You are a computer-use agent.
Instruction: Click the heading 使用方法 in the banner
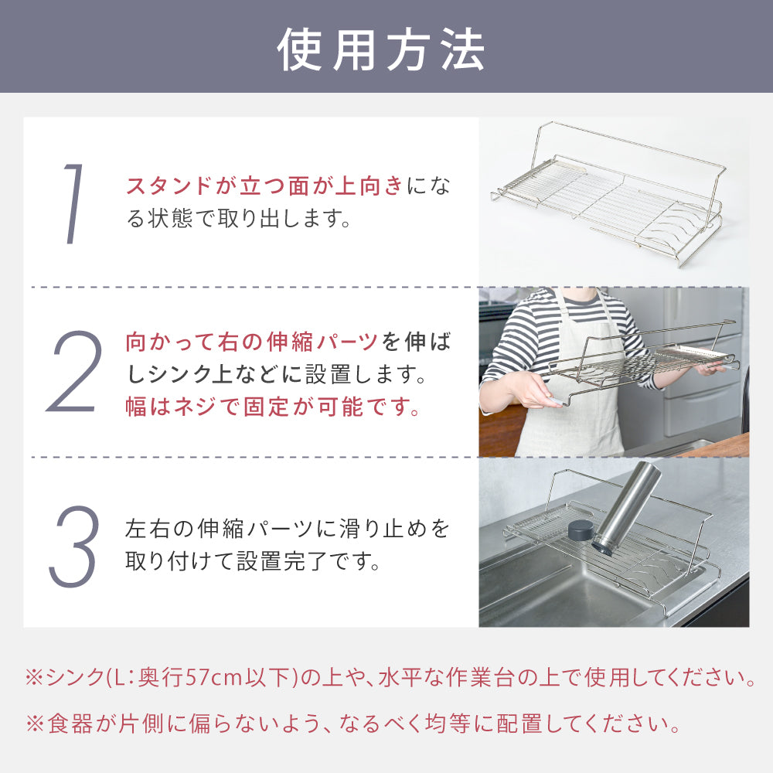pyautogui.click(x=381, y=49)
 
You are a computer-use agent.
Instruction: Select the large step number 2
pyautogui.click(x=74, y=371)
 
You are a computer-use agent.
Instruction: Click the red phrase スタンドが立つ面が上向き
pyautogui.click(x=264, y=186)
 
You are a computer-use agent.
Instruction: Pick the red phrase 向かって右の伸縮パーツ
pyautogui.click(x=251, y=342)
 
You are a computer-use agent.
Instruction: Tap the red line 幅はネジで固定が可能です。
pyautogui.click(x=273, y=407)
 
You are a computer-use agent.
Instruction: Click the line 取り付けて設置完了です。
pyautogui.click(x=253, y=561)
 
